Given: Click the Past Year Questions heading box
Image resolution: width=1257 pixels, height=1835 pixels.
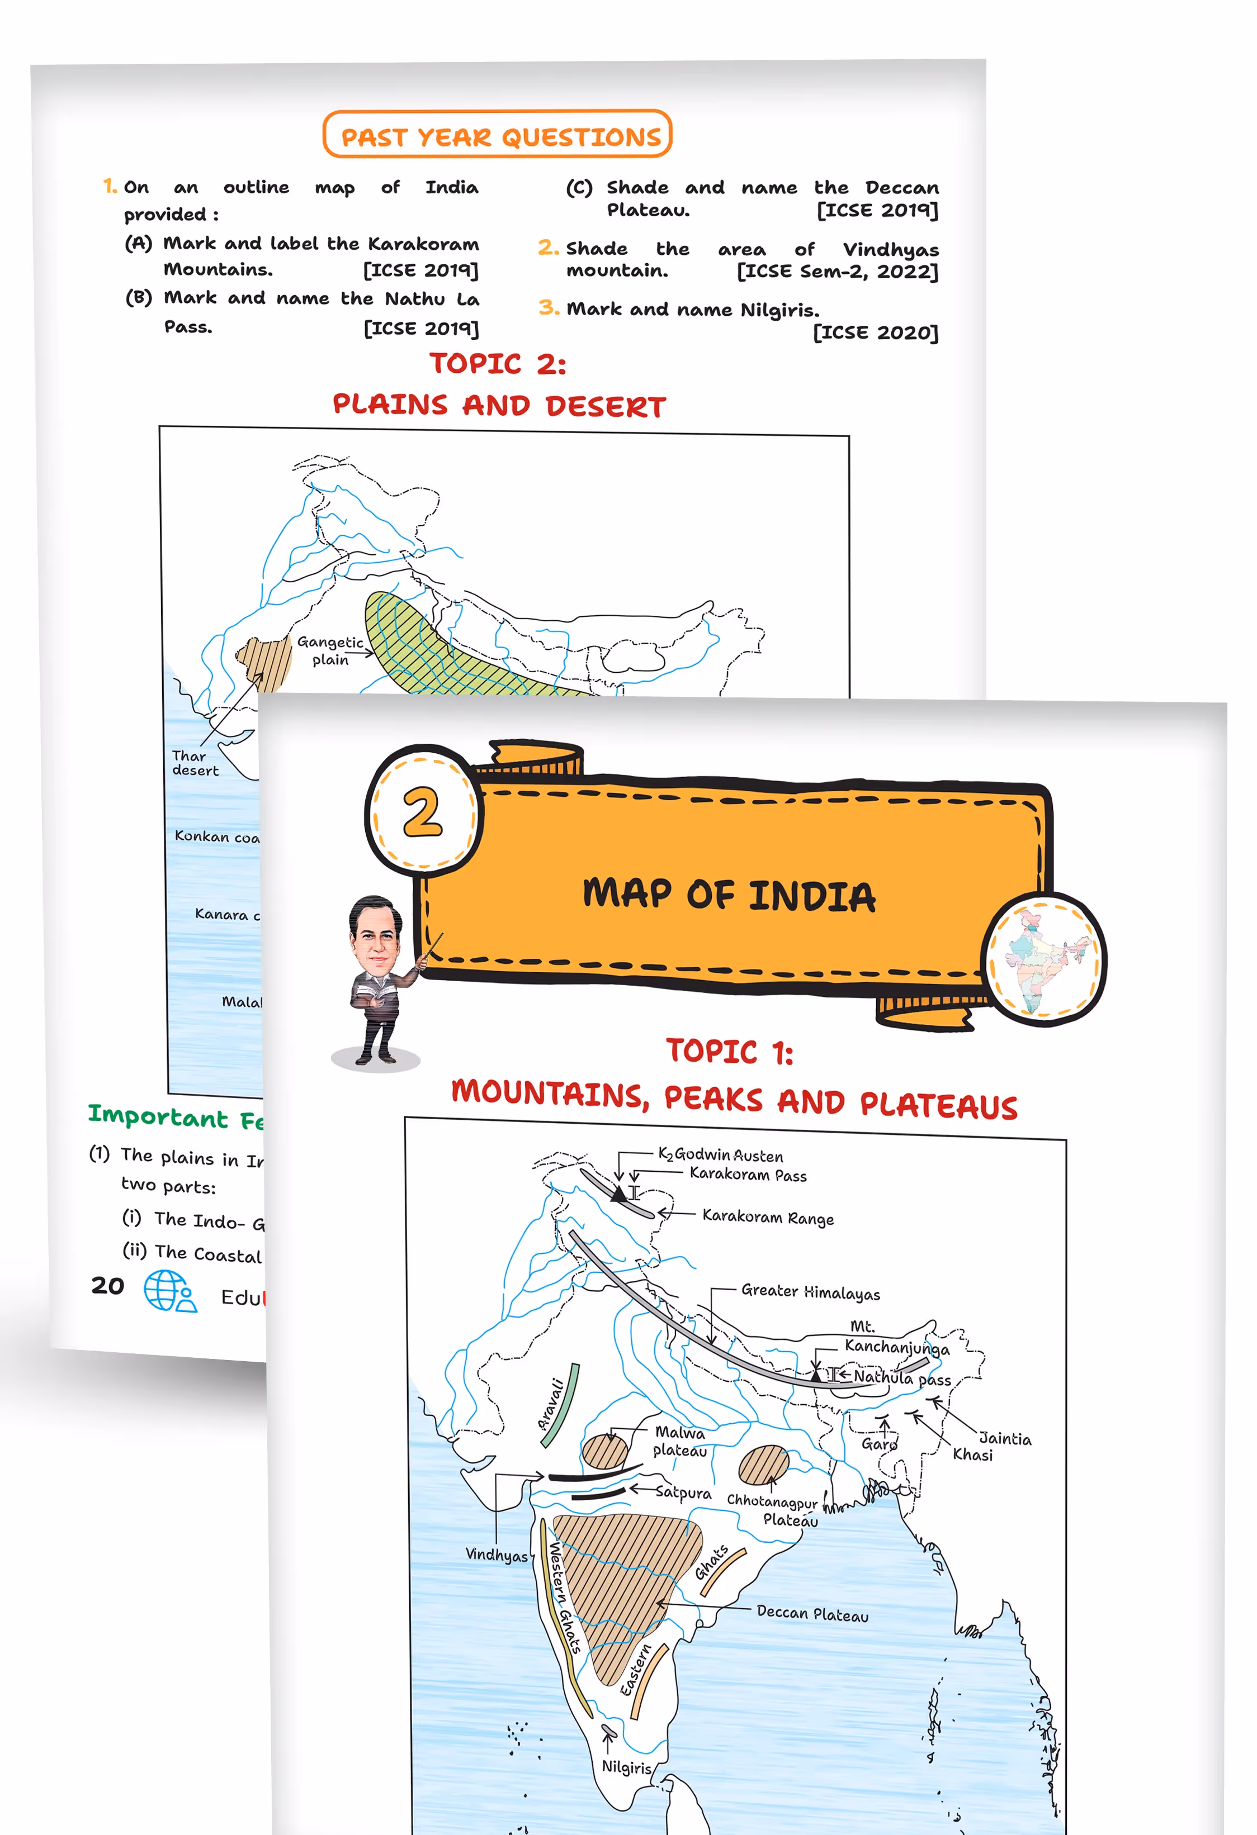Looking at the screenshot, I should [497, 135].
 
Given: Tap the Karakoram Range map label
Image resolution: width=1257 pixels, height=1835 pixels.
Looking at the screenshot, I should [767, 1217].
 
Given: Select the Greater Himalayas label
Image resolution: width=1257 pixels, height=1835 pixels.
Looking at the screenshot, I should [810, 1292].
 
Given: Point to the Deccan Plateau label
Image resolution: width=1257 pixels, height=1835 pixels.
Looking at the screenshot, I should [811, 1613].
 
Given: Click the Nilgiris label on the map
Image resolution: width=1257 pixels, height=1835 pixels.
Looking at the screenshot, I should [626, 1767].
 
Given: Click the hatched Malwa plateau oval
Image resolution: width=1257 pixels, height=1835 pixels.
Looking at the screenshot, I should [604, 1451].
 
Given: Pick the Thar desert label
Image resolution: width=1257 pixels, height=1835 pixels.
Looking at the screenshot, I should [195, 763].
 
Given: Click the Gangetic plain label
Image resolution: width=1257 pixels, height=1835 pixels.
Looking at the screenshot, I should [330, 650].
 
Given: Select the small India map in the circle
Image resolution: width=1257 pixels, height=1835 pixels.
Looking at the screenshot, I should [1043, 959].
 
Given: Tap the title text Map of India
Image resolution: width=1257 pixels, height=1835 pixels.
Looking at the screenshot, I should [729, 895].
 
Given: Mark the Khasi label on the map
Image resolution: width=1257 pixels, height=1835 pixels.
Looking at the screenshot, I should [972, 1454].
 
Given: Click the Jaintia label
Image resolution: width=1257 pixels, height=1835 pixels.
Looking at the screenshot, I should [1005, 1439].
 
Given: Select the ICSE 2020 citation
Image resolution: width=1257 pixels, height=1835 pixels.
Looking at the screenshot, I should [876, 332].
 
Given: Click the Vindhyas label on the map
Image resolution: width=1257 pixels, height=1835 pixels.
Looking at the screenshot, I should [496, 1554].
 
